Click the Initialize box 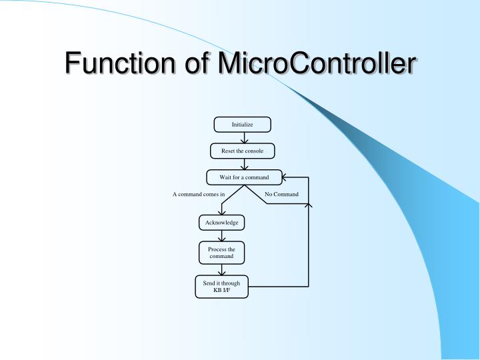point(242,125)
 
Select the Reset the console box point(242,151)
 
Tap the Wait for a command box point(244,177)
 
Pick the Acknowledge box point(221,223)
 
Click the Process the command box point(221,253)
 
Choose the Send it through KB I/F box point(221,287)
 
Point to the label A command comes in point(199,195)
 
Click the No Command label point(281,195)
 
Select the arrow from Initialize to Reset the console point(243,137)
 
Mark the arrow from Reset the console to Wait point(243,164)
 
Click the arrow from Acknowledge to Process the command point(221,236)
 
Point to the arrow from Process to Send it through point(221,269)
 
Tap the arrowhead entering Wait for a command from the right point(286,178)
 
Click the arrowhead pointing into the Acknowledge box point(221,213)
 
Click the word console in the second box point(254,151)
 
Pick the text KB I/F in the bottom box point(221,291)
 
